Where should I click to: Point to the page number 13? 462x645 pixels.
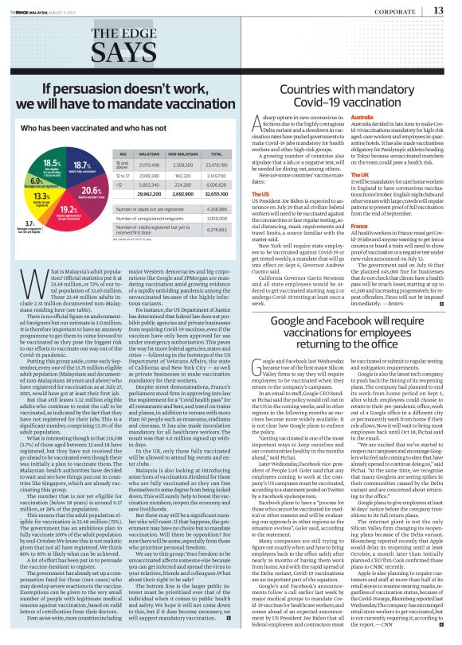coord(439,10)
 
